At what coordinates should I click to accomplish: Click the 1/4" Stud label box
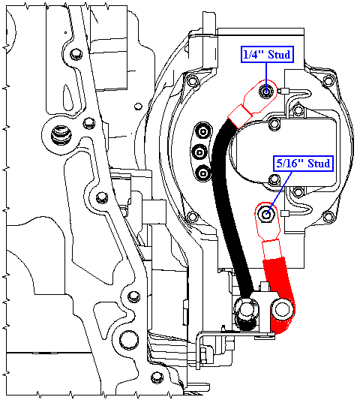[267, 54]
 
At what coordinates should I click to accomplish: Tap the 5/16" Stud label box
[303, 164]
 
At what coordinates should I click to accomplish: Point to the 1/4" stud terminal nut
[265, 91]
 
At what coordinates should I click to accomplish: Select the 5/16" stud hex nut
[266, 213]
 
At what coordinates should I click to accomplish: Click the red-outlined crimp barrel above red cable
[271, 250]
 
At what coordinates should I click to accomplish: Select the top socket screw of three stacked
[203, 132]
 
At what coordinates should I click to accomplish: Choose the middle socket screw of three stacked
[199, 152]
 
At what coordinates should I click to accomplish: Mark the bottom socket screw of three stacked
[203, 173]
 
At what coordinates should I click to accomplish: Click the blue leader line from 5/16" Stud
[279, 193]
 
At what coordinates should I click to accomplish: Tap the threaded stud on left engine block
[61, 134]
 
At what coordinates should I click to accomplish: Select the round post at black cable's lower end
[246, 308]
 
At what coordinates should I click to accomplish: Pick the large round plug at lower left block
[129, 340]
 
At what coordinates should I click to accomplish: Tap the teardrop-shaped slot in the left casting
[68, 97]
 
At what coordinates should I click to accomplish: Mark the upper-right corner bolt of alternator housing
[328, 81]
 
